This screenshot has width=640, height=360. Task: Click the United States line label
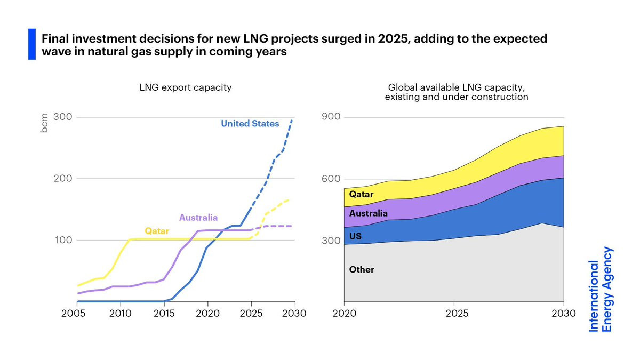250,124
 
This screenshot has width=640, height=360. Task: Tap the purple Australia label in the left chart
198,218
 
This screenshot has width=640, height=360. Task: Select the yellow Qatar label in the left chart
157,231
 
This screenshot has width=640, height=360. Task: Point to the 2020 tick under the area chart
344,313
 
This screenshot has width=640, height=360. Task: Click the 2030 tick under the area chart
563,313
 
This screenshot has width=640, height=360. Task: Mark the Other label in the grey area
362,270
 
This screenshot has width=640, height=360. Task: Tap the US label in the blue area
355,235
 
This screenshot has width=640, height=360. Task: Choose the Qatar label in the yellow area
361,195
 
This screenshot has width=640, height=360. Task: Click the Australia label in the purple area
369,213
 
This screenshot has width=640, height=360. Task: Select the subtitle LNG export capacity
185,87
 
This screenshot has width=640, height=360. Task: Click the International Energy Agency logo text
601,289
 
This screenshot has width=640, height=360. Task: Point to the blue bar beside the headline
31,44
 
